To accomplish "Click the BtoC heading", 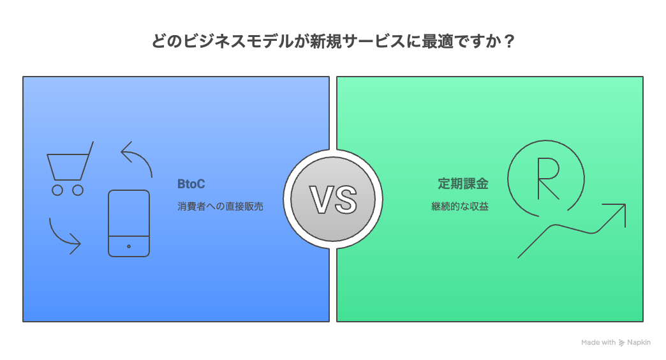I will [191, 184].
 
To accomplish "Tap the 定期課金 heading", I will [463, 184].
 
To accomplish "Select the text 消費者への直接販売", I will [220, 207].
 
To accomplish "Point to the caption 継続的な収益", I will [459, 207].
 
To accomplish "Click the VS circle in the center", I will [333, 199].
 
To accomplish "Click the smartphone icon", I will [129, 223].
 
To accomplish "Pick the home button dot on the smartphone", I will [129, 246].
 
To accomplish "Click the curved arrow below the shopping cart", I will [64, 236].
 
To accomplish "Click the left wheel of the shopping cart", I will [57, 190].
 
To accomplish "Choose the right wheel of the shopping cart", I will [78, 190].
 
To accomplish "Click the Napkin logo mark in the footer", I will [622, 343].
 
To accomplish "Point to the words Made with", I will [598, 343].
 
